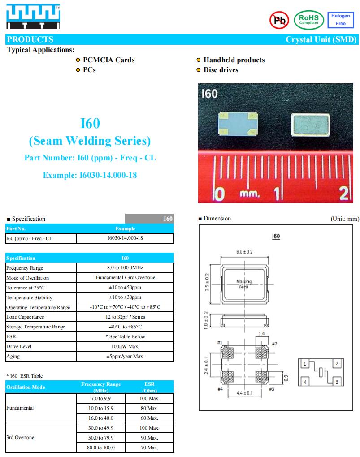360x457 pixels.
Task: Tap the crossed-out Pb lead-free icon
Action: tap(279, 20)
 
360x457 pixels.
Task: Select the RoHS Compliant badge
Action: tap(308, 20)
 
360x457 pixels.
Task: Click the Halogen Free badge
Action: tap(341, 20)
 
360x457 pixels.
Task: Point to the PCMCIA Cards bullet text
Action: tap(108, 60)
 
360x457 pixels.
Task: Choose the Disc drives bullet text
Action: tap(221, 70)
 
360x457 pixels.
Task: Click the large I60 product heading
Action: tap(90, 123)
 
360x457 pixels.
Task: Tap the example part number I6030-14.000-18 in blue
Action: tap(90, 175)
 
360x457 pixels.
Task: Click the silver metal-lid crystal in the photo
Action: tap(310, 124)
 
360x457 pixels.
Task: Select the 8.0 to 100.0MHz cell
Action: tap(125, 268)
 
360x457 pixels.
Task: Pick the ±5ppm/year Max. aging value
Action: tap(125, 357)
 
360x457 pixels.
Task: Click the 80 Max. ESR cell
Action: tap(149, 408)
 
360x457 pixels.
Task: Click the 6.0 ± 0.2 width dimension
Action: tap(244, 252)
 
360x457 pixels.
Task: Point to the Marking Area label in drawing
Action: tap(244, 284)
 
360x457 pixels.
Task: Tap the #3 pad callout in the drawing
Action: tap(271, 389)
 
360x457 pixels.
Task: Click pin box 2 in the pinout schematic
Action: tap(336, 364)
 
